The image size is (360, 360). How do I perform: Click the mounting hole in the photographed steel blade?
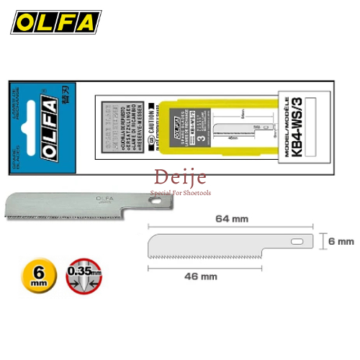pos(154,203)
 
